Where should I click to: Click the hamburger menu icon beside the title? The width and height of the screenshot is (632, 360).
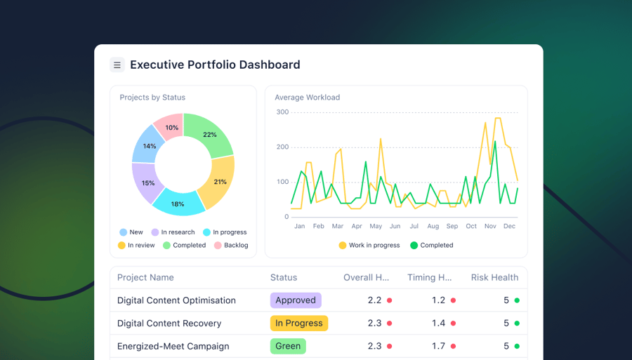pyautogui.click(x=117, y=65)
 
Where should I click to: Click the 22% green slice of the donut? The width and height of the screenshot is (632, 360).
pyautogui.click(x=210, y=135)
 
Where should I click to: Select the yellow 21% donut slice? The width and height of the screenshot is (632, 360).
pyautogui.click(x=220, y=182)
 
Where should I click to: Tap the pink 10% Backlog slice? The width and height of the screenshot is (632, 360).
pyautogui.click(x=171, y=127)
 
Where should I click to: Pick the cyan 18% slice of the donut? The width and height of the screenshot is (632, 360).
pyautogui.click(x=178, y=204)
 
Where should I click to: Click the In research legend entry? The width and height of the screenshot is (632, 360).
pyautogui.click(x=173, y=232)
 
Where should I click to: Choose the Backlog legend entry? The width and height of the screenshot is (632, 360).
pyautogui.click(x=231, y=246)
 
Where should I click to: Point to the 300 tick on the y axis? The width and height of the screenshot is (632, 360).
pyautogui.click(x=282, y=112)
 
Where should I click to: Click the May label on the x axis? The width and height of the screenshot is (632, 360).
pyautogui.click(x=376, y=226)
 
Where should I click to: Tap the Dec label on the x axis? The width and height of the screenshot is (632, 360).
pyautogui.click(x=509, y=226)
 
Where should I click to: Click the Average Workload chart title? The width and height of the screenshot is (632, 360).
pyautogui.click(x=307, y=98)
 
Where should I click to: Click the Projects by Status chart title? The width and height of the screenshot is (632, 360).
pyautogui.click(x=152, y=98)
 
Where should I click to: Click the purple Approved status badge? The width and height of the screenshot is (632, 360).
pyautogui.click(x=296, y=300)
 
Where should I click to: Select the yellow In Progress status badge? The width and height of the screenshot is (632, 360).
pyautogui.click(x=298, y=324)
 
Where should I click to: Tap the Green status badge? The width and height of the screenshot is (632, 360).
pyautogui.click(x=288, y=346)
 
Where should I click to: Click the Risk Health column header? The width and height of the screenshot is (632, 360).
pyautogui.click(x=494, y=278)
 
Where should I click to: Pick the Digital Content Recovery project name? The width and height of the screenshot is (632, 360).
pyautogui.click(x=169, y=324)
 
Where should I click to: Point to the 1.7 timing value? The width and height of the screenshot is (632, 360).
pyautogui.click(x=438, y=346)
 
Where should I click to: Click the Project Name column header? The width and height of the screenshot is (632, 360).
pyautogui.click(x=145, y=278)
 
